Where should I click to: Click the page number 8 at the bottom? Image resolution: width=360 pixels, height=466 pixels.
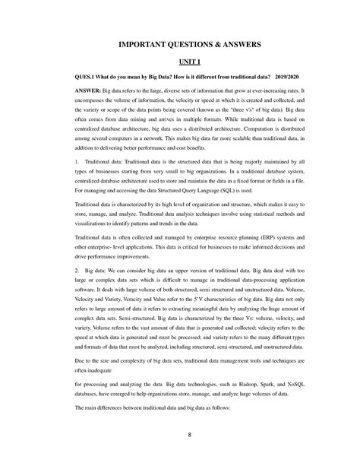[180, 434]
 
